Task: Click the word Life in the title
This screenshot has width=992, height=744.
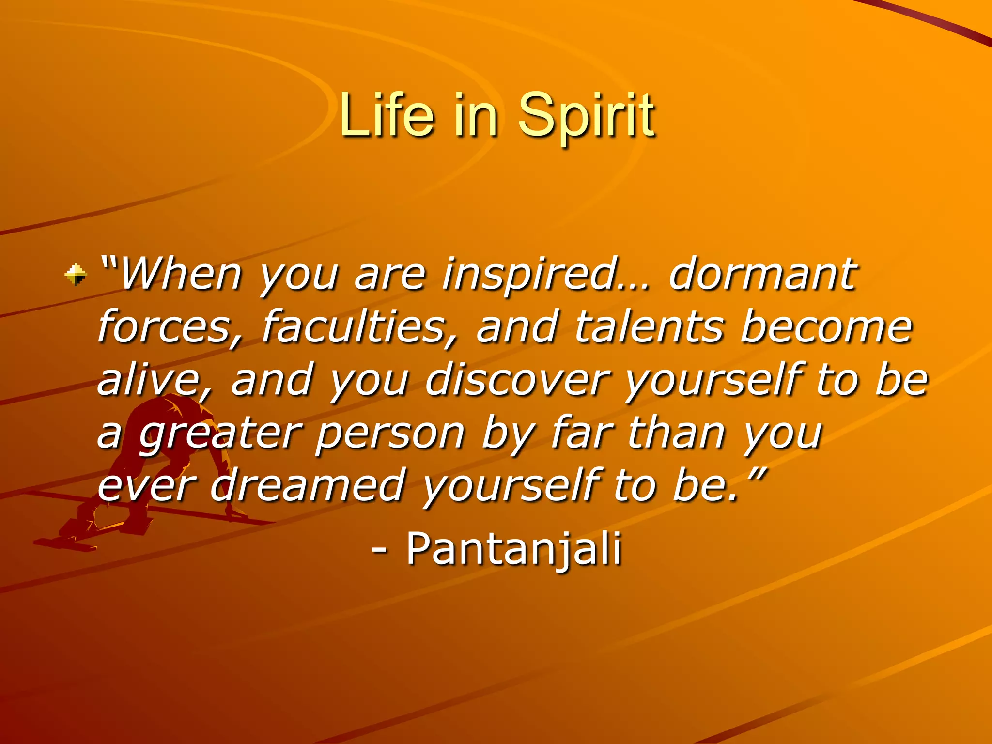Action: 386,115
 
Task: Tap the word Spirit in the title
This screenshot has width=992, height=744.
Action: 586,116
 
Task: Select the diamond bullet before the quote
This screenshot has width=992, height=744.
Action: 76,274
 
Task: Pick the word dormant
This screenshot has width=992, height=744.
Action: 762,274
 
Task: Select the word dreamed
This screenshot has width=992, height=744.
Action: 308,486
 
